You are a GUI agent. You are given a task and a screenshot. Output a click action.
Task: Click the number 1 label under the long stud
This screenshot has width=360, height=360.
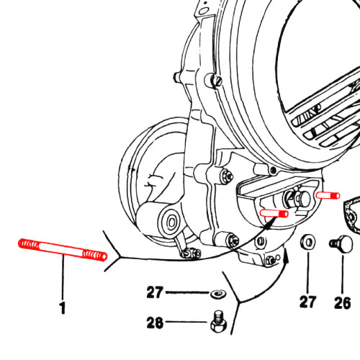[63, 308]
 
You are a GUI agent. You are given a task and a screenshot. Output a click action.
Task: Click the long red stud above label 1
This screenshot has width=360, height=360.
[63, 250]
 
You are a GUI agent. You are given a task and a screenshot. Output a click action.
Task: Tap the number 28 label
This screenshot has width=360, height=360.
[155, 323]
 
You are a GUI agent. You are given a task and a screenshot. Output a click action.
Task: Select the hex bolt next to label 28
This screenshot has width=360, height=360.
[218, 322]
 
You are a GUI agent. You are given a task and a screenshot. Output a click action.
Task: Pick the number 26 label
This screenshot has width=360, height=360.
[343, 303]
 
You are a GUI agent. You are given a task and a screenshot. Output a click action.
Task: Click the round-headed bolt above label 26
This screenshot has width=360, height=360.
[341, 244]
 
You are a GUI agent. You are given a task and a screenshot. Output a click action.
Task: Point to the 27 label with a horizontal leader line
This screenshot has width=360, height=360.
[155, 292]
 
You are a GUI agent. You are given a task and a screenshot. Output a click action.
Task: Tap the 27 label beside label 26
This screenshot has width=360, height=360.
[308, 302]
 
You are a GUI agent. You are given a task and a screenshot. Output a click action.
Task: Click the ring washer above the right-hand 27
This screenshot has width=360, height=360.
[308, 243]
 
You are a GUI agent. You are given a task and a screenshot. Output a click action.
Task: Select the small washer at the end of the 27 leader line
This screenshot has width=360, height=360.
[218, 294]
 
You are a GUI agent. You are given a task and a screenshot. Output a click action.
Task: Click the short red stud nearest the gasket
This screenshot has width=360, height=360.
[328, 195]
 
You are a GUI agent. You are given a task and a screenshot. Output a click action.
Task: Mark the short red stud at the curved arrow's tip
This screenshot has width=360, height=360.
[274, 213]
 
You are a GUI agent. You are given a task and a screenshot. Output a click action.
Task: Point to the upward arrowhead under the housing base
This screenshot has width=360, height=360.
[286, 256]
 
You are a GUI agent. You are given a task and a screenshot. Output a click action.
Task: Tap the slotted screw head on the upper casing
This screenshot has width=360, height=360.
[217, 81]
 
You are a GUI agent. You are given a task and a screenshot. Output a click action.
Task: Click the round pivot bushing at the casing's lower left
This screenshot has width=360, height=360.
[171, 222]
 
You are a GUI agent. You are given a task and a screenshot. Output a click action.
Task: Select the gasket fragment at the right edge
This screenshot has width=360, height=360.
[352, 214]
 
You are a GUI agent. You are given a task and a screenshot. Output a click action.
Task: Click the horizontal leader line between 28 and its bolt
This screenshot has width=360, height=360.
[186, 322]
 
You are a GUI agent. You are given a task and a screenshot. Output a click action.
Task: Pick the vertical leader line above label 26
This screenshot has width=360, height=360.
[343, 274]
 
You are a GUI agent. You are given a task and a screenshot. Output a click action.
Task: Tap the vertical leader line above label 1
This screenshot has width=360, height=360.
[63, 277]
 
